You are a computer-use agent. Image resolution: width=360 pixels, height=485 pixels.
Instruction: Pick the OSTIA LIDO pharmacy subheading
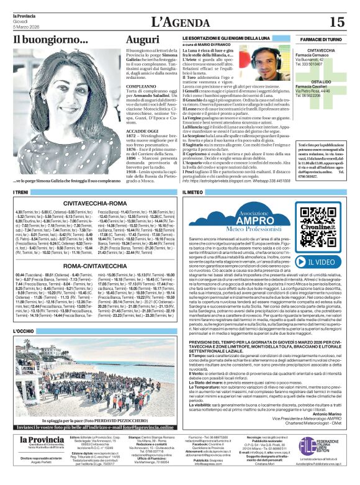pos(321,81)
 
